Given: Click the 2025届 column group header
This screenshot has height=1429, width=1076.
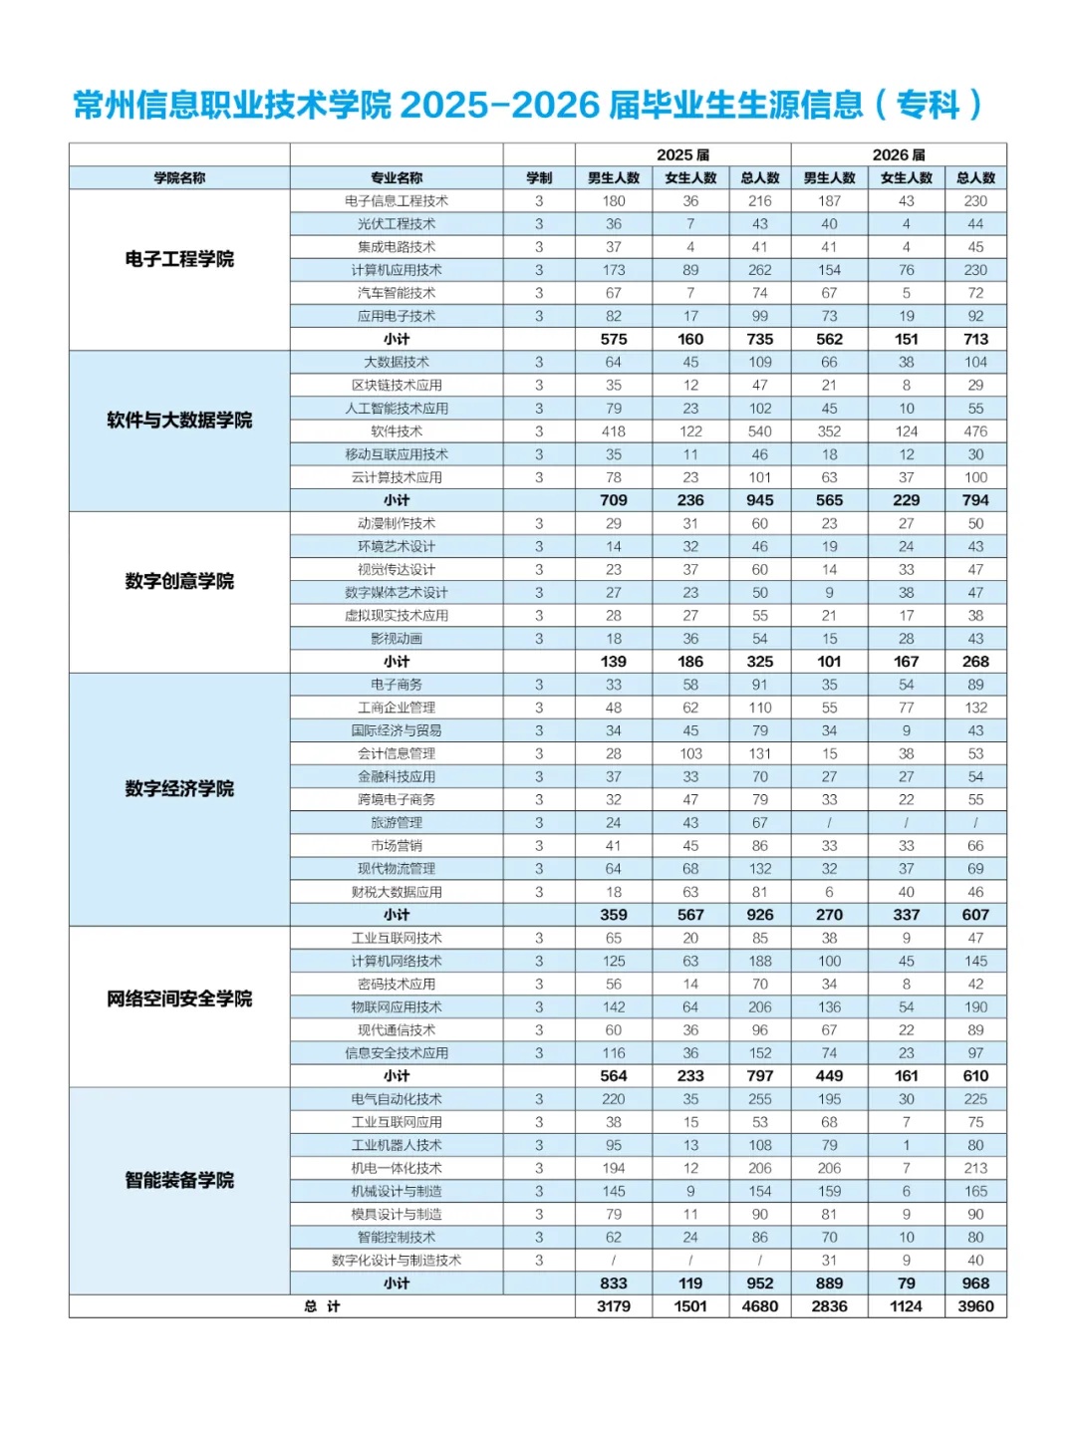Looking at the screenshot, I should (682, 154).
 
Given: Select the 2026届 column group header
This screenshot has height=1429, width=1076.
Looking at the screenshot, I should (899, 154).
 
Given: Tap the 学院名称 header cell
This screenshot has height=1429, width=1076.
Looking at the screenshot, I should (179, 177).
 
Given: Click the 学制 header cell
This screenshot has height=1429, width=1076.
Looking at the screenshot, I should (539, 177).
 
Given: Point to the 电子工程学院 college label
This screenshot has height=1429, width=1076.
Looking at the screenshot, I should (179, 259).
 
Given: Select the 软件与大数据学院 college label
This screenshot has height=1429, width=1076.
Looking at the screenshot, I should (179, 421).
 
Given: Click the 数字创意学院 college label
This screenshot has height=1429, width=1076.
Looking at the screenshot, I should (179, 581).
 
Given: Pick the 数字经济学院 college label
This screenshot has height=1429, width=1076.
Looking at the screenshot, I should (179, 788).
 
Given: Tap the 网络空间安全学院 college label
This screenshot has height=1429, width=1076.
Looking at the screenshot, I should (179, 999).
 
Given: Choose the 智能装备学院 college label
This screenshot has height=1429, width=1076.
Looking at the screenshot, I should (179, 1180).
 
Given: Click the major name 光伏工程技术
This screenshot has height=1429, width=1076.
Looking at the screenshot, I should (397, 224).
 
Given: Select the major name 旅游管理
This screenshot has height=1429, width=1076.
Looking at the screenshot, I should (397, 823).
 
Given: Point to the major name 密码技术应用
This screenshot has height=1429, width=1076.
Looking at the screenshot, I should (397, 984).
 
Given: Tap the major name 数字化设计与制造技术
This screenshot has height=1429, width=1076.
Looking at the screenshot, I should (397, 1261).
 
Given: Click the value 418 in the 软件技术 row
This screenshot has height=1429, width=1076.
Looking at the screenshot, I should (614, 431).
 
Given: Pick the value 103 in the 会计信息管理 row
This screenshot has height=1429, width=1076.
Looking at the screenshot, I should (690, 753).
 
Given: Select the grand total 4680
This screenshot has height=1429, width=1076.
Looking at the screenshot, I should (760, 1306).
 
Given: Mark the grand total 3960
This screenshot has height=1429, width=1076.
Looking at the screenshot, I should (975, 1306).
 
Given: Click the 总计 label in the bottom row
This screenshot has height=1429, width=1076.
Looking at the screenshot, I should (322, 1306).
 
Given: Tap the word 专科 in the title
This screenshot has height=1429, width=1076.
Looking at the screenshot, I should (928, 105).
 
